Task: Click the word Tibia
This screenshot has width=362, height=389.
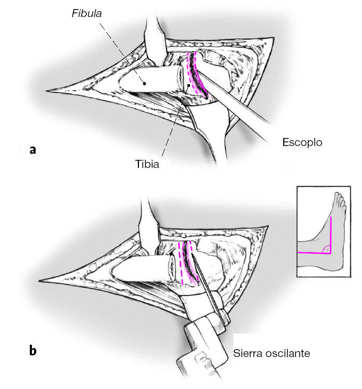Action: point(147,164)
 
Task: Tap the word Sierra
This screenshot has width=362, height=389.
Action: point(247,353)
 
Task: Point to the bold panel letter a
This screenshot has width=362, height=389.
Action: point(33,150)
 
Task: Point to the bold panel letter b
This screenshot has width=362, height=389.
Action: point(33,350)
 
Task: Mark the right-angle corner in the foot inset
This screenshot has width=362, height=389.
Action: point(331,252)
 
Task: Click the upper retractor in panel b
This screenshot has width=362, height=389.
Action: point(149,221)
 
